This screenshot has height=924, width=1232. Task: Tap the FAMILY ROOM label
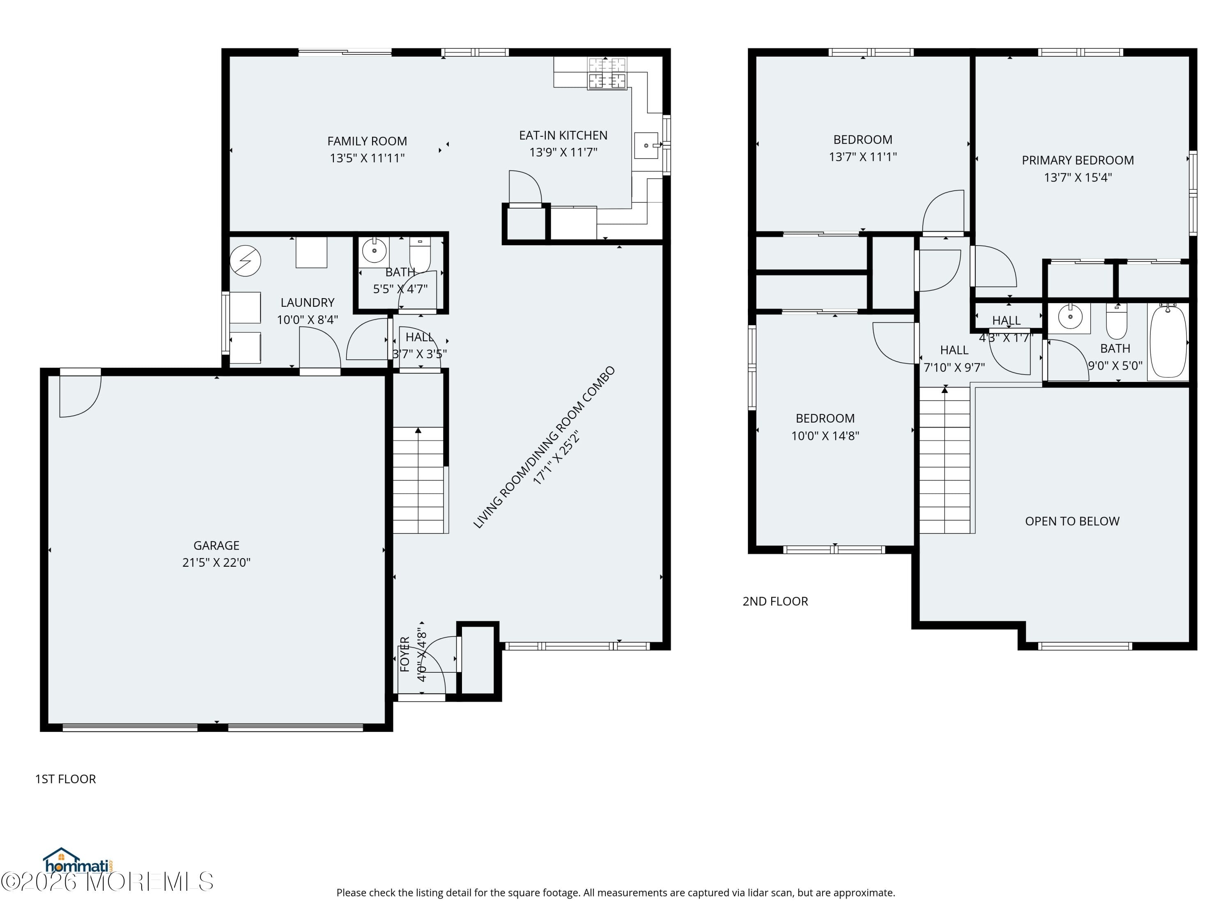tap(367, 141)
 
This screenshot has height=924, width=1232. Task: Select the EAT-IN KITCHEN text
tap(563, 136)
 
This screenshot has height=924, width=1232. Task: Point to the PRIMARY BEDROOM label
tap(1078, 161)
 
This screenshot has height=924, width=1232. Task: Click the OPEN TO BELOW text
tap(1072, 521)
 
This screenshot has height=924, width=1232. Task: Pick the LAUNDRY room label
tap(308, 302)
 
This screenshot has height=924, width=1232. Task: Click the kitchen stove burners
tap(607, 73)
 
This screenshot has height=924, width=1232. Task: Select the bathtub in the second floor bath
tap(1168, 341)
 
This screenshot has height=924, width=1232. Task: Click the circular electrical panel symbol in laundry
tap(245, 261)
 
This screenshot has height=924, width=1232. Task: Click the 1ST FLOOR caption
tap(66, 779)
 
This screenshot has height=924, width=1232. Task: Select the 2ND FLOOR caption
tap(775, 602)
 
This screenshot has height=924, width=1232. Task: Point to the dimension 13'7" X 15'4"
tap(1078, 178)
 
